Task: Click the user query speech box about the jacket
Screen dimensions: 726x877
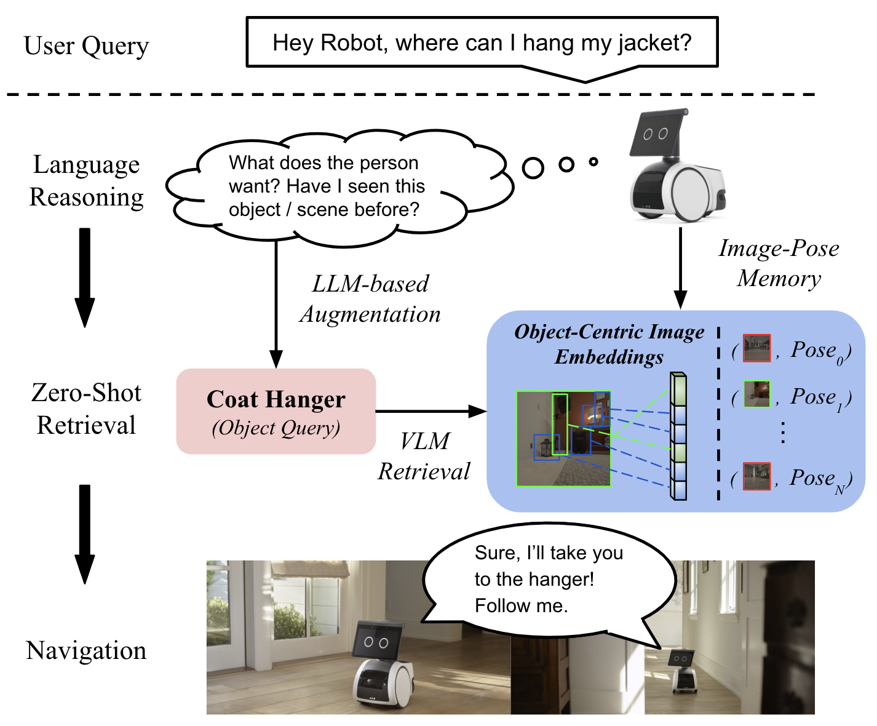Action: click(482, 42)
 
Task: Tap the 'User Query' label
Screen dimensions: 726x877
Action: click(86, 46)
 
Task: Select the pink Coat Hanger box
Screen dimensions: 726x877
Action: click(276, 411)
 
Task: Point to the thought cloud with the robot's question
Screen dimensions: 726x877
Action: click(324, 186)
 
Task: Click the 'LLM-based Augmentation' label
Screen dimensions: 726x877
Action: click(370, 299)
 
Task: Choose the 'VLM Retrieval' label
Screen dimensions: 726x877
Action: click(424, 456)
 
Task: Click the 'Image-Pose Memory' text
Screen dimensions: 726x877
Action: click(779, 263)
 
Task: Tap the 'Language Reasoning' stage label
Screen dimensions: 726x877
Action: click(86, 181)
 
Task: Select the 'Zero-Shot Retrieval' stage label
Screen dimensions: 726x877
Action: click(86, 409)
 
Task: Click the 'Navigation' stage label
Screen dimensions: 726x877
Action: click(86, 650)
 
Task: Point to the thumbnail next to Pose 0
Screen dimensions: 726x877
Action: click(756, 348)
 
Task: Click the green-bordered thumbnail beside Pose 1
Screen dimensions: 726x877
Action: click(756, 394)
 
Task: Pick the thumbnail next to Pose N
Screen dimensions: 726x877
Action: click(756, 476)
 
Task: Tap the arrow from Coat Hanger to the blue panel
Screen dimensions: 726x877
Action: click(431, 411)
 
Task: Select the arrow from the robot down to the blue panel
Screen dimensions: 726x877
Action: click(680, 268)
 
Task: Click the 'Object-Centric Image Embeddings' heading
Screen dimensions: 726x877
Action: click(609, 344)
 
